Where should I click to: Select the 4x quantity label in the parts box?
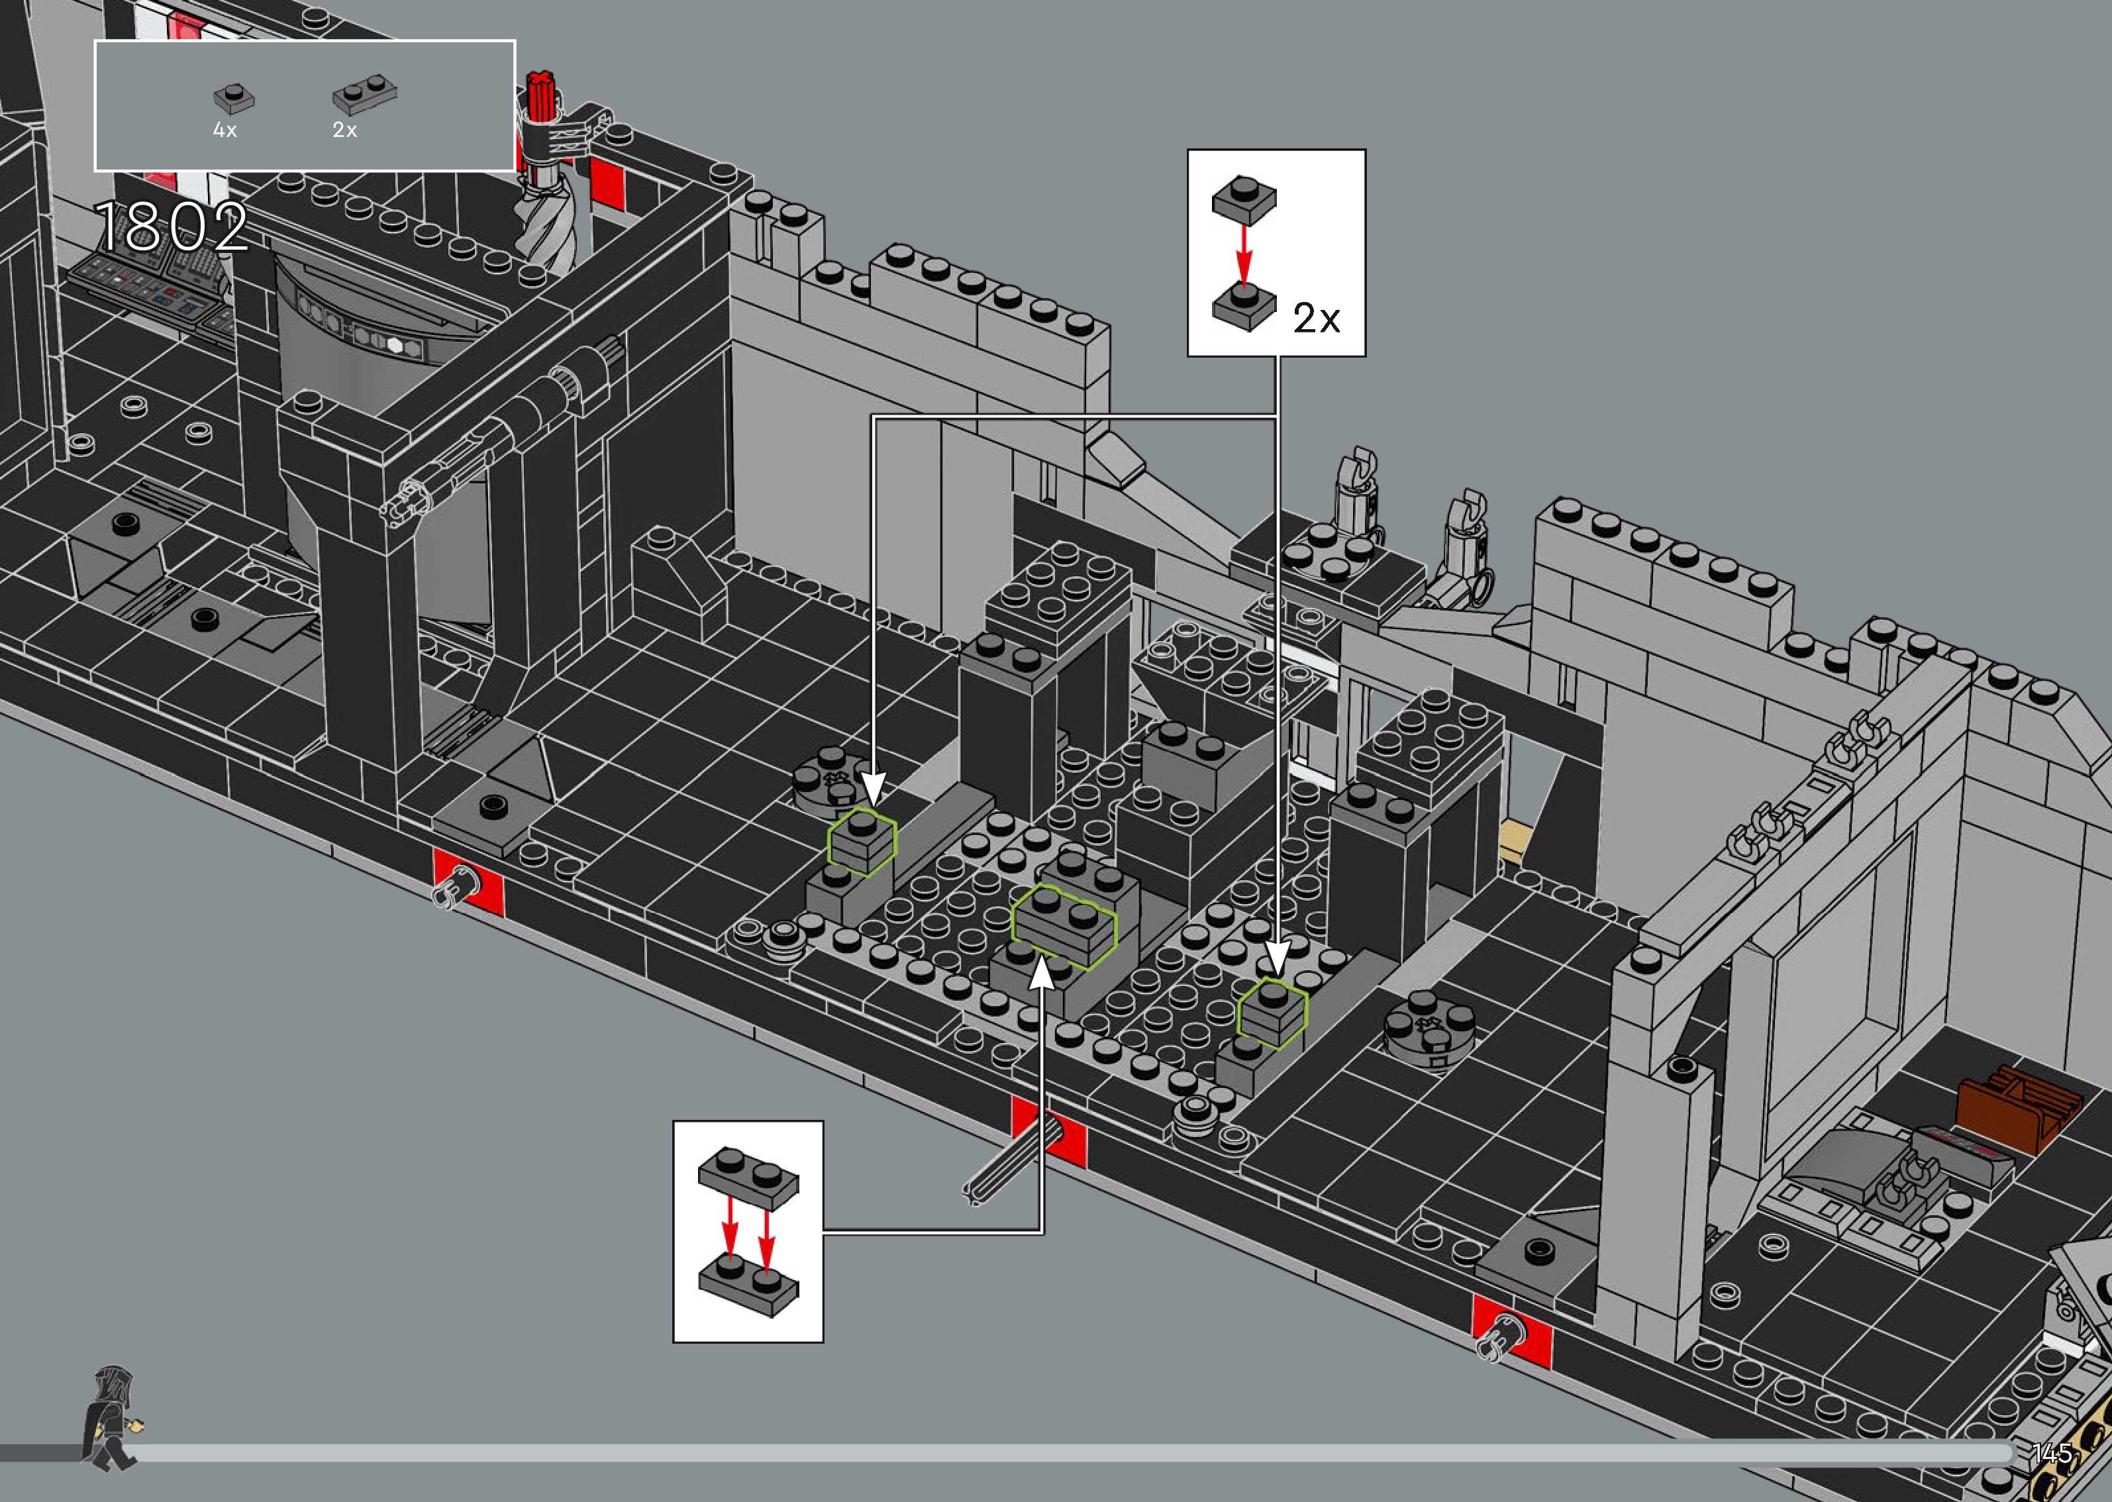point(225,130)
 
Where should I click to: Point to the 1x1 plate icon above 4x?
point(234,97)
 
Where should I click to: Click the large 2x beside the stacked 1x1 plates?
point(1316,319)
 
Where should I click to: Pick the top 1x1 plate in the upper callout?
point(1244,198)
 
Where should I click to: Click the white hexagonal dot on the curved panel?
point(396,345)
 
